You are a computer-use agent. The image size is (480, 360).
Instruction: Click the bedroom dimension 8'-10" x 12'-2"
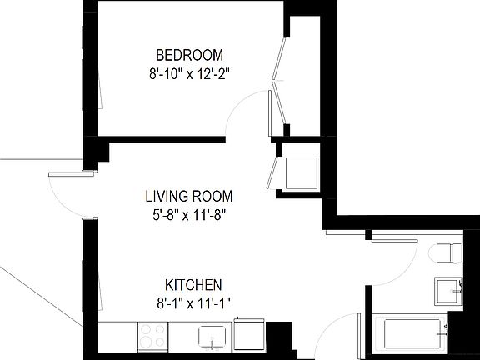point(184,73)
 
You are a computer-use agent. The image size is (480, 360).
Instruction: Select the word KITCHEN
point(193,283)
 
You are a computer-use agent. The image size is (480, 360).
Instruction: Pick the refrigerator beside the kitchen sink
point(249,333)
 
